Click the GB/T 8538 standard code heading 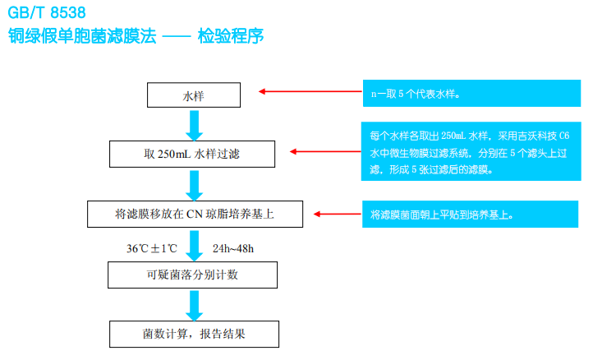(x=44, y=13)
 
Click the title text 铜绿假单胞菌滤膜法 (x=82, y=36)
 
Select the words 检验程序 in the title (x=231, y=36)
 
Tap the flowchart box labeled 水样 (x=194, y=95)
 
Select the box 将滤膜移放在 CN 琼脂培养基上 (x=194, y=215)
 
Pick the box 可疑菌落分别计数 (x=194, y=274)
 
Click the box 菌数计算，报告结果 (x=194, y=334)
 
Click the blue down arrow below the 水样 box (x=194, y=124)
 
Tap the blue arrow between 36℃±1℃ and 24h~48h (x=194, y=245)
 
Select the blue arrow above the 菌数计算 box (x=194, y=303)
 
